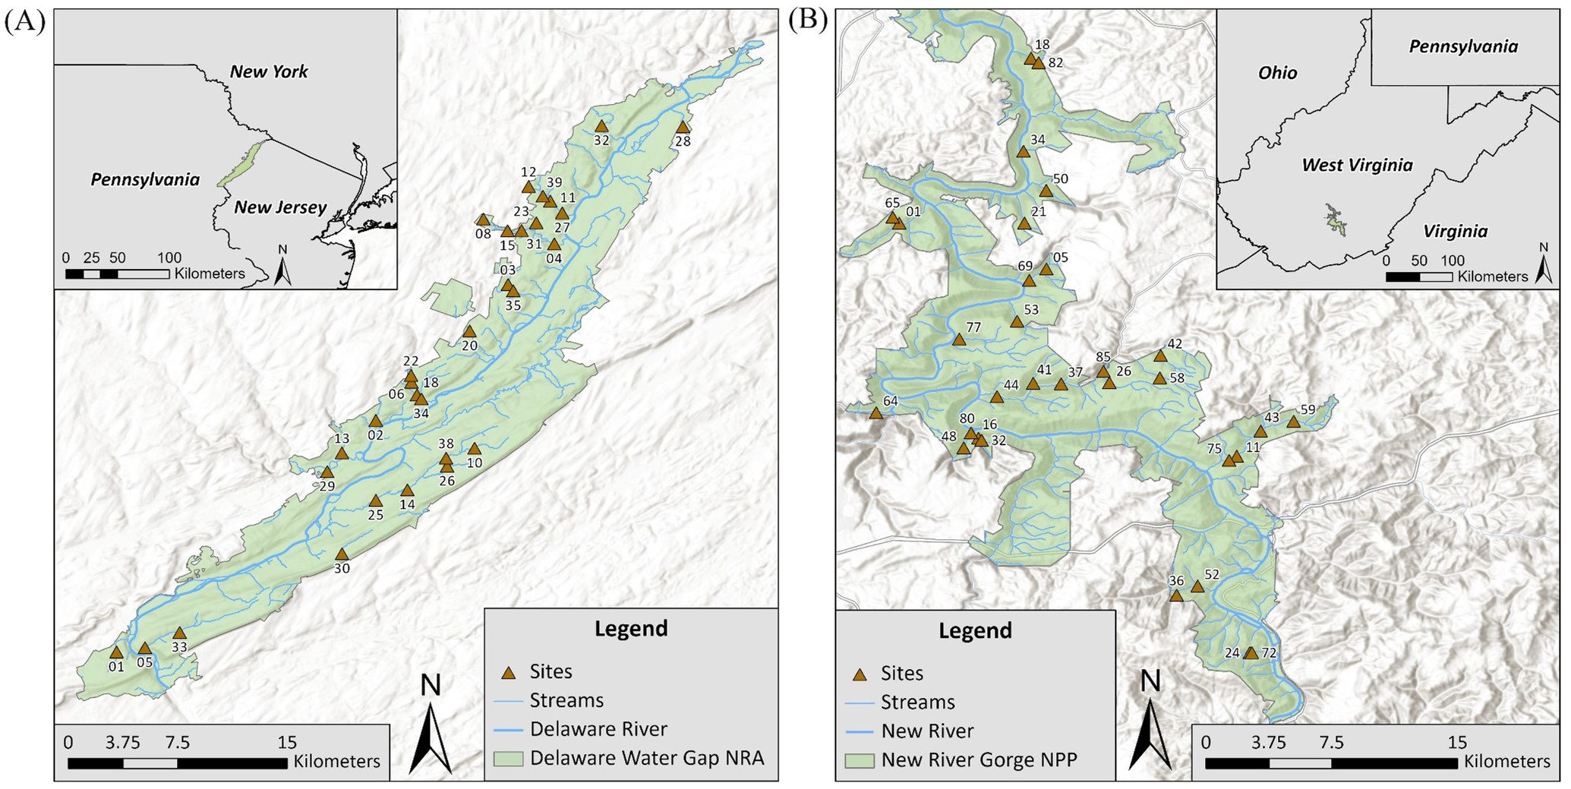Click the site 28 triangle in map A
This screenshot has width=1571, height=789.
[683, 128]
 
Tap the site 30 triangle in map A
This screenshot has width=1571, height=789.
[342, 554]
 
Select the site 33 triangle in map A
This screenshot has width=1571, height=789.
[179, 633]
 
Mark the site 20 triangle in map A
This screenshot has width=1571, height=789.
[469, 332]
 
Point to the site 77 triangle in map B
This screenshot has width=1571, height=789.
[958, 339]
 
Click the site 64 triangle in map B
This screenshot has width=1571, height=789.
[875, 413]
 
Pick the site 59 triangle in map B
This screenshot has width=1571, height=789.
[1292, 421]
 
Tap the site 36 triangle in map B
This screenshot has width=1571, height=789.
[1176, 595]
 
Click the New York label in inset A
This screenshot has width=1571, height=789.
[269, 72]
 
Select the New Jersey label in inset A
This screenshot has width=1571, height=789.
[280, 207]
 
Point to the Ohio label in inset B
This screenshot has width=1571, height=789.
[1277, 73]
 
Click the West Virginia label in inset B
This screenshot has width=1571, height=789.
[1357, 165]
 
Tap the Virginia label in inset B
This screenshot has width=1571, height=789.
[1455, 231]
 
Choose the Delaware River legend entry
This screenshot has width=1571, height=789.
[598, 729]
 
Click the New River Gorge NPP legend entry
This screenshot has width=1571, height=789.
[979, 760]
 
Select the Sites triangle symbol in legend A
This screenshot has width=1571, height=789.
[509, 672]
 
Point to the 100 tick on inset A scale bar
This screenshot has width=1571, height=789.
[169, 257]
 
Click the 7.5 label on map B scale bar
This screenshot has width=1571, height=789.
[1331, 743]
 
